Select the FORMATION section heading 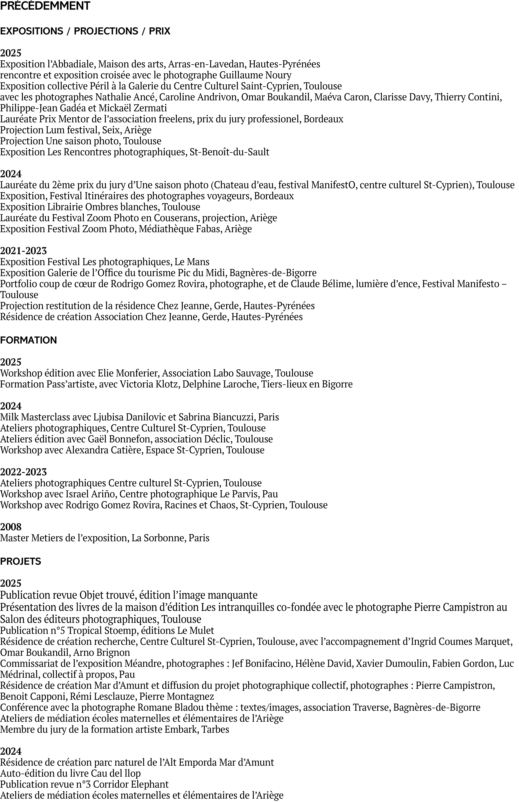[29, 340]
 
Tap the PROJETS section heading [21, 561]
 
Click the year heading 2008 [11, 527]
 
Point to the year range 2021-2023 [24, 251]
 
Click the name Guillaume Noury [255, 75]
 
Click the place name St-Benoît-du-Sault [229, 152]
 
